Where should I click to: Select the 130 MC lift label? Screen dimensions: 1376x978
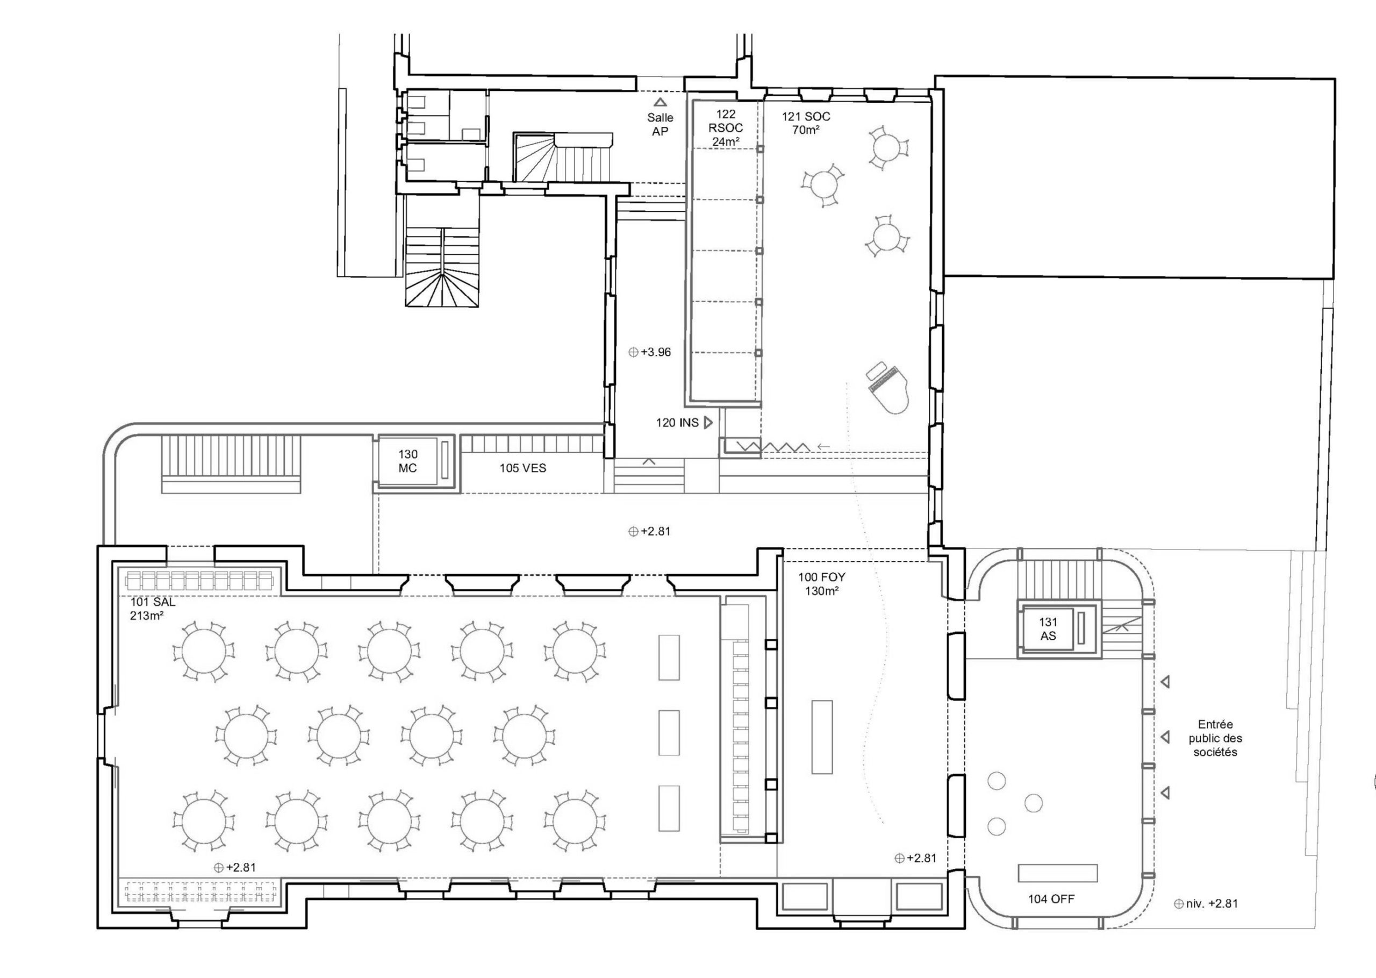tap(407, 461)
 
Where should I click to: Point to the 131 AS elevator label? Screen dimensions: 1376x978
tap(1048, 629)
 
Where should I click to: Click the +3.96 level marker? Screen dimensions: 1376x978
tap(649, 352)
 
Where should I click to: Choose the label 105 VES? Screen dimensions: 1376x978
tap(522, 468)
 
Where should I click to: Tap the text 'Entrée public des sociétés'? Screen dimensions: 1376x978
tap(1215, 738)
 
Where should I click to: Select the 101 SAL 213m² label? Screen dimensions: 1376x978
tap(153, 609)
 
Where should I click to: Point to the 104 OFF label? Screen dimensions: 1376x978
tap(1051, 899)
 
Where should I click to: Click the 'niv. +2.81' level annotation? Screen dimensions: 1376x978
tap(1206, 904)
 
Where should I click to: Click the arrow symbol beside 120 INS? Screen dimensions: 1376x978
tap(708, 423)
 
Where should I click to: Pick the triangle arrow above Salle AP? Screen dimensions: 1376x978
tap(660, 102)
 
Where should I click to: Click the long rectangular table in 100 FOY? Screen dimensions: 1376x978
tap(822, 737)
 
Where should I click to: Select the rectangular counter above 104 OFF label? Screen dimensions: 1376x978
tap(1058, 873)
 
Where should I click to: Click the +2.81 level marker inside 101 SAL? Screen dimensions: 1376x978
tap(235, 868)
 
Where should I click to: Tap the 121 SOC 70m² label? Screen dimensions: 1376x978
tap(805, 123)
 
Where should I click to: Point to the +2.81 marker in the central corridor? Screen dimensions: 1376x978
tap(649, 532)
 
